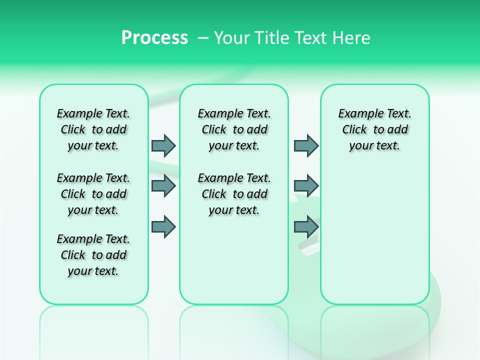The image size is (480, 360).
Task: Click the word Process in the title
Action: (154, 38)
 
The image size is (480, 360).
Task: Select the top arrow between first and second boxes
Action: (163, 145)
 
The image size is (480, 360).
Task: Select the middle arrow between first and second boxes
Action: (163, 186)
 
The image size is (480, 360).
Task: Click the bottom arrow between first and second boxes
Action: (163, 227)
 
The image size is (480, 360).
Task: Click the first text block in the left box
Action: (93, 129)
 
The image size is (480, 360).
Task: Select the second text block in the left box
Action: (93, 194)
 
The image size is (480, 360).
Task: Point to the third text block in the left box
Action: (93, 255)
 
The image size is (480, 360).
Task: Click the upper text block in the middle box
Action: (234, 129)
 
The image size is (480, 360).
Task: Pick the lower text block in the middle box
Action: (234, 194)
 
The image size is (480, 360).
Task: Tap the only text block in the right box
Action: (374, 129)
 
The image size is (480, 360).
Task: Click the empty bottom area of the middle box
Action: (234, 265)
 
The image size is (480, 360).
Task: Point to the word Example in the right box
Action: (357, 114)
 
